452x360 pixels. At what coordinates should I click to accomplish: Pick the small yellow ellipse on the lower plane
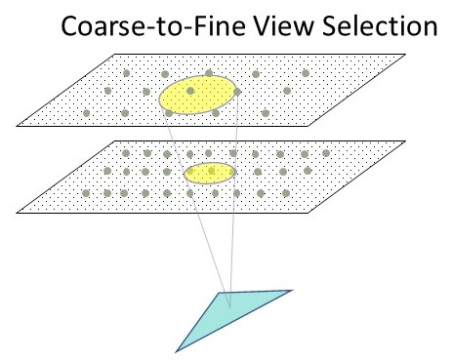click(210, 174)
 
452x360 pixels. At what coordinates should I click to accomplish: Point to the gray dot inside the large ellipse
click(191, 92)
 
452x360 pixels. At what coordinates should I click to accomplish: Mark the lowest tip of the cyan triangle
click(176, 349)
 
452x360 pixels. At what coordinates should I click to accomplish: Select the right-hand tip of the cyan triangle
click(291, 290)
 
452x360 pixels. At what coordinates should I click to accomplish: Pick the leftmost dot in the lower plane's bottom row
click(87, 192)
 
